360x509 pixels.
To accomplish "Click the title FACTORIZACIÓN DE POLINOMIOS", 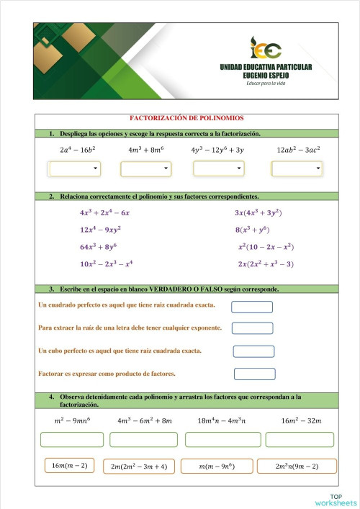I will [186, 118].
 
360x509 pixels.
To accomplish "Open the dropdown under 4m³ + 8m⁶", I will [146, 168].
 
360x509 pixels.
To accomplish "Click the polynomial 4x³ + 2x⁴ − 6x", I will [105, 213].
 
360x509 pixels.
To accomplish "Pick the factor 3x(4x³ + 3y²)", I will [258, 213].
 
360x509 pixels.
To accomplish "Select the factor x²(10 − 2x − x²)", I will [266, 247].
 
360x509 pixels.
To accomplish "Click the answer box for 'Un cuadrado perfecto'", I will [252, 307].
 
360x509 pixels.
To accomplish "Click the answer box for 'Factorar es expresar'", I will [254, 374].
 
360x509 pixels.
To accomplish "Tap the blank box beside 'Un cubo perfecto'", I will [253, 351].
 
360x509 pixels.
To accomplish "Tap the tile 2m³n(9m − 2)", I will [297, 467].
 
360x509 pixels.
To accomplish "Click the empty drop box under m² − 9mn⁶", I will [72, 439].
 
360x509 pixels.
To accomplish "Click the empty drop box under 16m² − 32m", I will [299, 439].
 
